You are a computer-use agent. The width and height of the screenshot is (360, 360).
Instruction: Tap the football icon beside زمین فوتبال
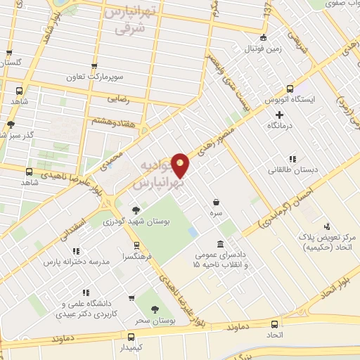263,37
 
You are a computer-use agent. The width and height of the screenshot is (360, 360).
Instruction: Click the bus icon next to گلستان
9,51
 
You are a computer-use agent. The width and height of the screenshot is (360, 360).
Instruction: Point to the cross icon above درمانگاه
279,114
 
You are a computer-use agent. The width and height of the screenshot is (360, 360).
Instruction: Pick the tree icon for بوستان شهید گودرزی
135,210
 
